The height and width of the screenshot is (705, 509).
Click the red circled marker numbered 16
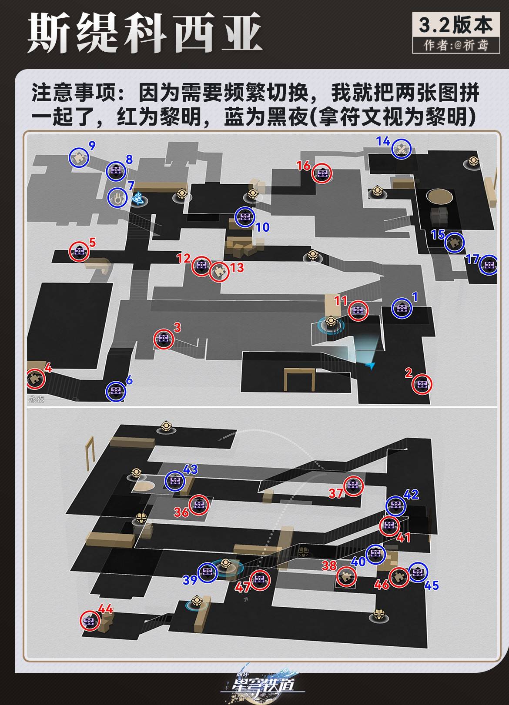click(x=322, y=174)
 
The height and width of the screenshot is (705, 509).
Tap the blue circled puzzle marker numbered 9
click(x=79, y=158)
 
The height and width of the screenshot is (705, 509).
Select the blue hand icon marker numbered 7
click(x=117, y=198)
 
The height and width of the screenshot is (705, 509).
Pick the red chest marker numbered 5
click(x=79, y=251)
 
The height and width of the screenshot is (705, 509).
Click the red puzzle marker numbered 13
click(x=219, y=272)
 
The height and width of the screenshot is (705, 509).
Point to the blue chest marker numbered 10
click(x=245, y=217)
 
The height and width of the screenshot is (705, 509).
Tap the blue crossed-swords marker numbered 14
click(x=401, y=149)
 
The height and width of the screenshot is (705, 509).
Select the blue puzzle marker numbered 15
click(x=455, y=242)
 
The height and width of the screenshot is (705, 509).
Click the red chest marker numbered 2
click(x=422, y=384)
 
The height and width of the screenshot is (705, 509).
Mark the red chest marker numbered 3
click(x=164, y=339)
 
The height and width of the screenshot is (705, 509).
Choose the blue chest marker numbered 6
click(x=116, y=391)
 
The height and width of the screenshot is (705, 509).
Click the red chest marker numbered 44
click(x=90, y=621)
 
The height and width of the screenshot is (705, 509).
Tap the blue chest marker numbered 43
click(x=175, y=481)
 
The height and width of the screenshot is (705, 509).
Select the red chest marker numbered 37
click(x=353, y=486)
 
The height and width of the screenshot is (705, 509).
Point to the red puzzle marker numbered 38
click(x=347, y=577)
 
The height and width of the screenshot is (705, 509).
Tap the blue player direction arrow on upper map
click(x=370, y=366)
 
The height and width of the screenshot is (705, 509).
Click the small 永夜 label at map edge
click(x=37, y=399)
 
